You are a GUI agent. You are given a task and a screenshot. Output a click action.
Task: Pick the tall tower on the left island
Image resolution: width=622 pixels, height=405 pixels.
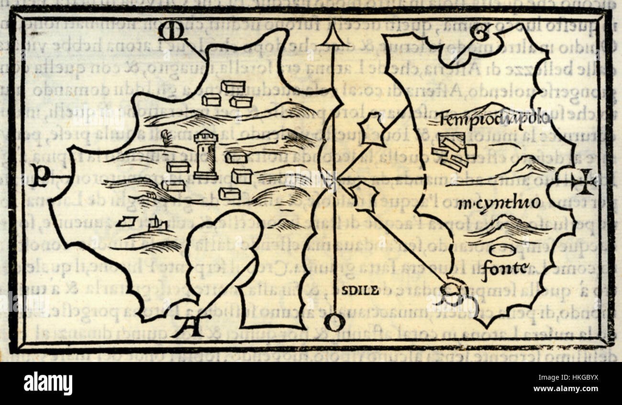206,154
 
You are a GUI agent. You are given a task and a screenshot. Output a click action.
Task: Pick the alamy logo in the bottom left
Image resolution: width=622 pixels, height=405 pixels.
48,383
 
